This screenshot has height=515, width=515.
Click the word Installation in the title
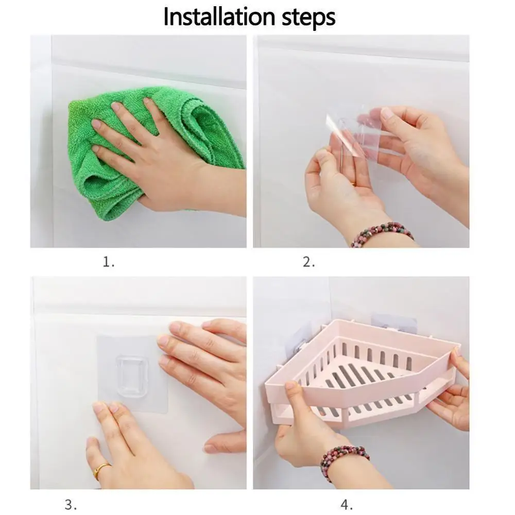(219, 16)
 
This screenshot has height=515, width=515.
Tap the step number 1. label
(109, 262)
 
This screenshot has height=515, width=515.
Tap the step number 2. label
(308, 262)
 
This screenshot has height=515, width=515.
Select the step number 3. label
(70, 504)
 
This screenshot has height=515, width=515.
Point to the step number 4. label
(347, 504)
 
